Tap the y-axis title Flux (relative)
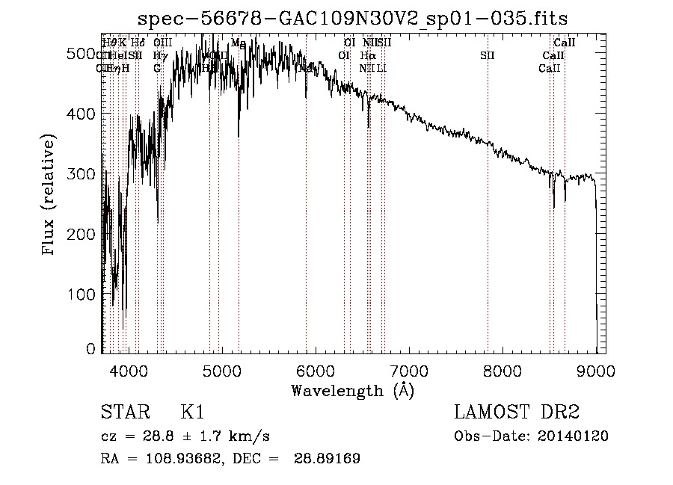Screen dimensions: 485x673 coord(50,196)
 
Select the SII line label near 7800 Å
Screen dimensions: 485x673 coord(488,55)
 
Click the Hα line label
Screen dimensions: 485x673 coord(367,55)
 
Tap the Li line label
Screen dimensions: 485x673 coord(381,68)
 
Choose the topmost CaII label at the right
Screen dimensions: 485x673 coord(564,43)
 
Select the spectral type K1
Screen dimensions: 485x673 coord(192,413)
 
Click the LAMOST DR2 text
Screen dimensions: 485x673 coord(517,413)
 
